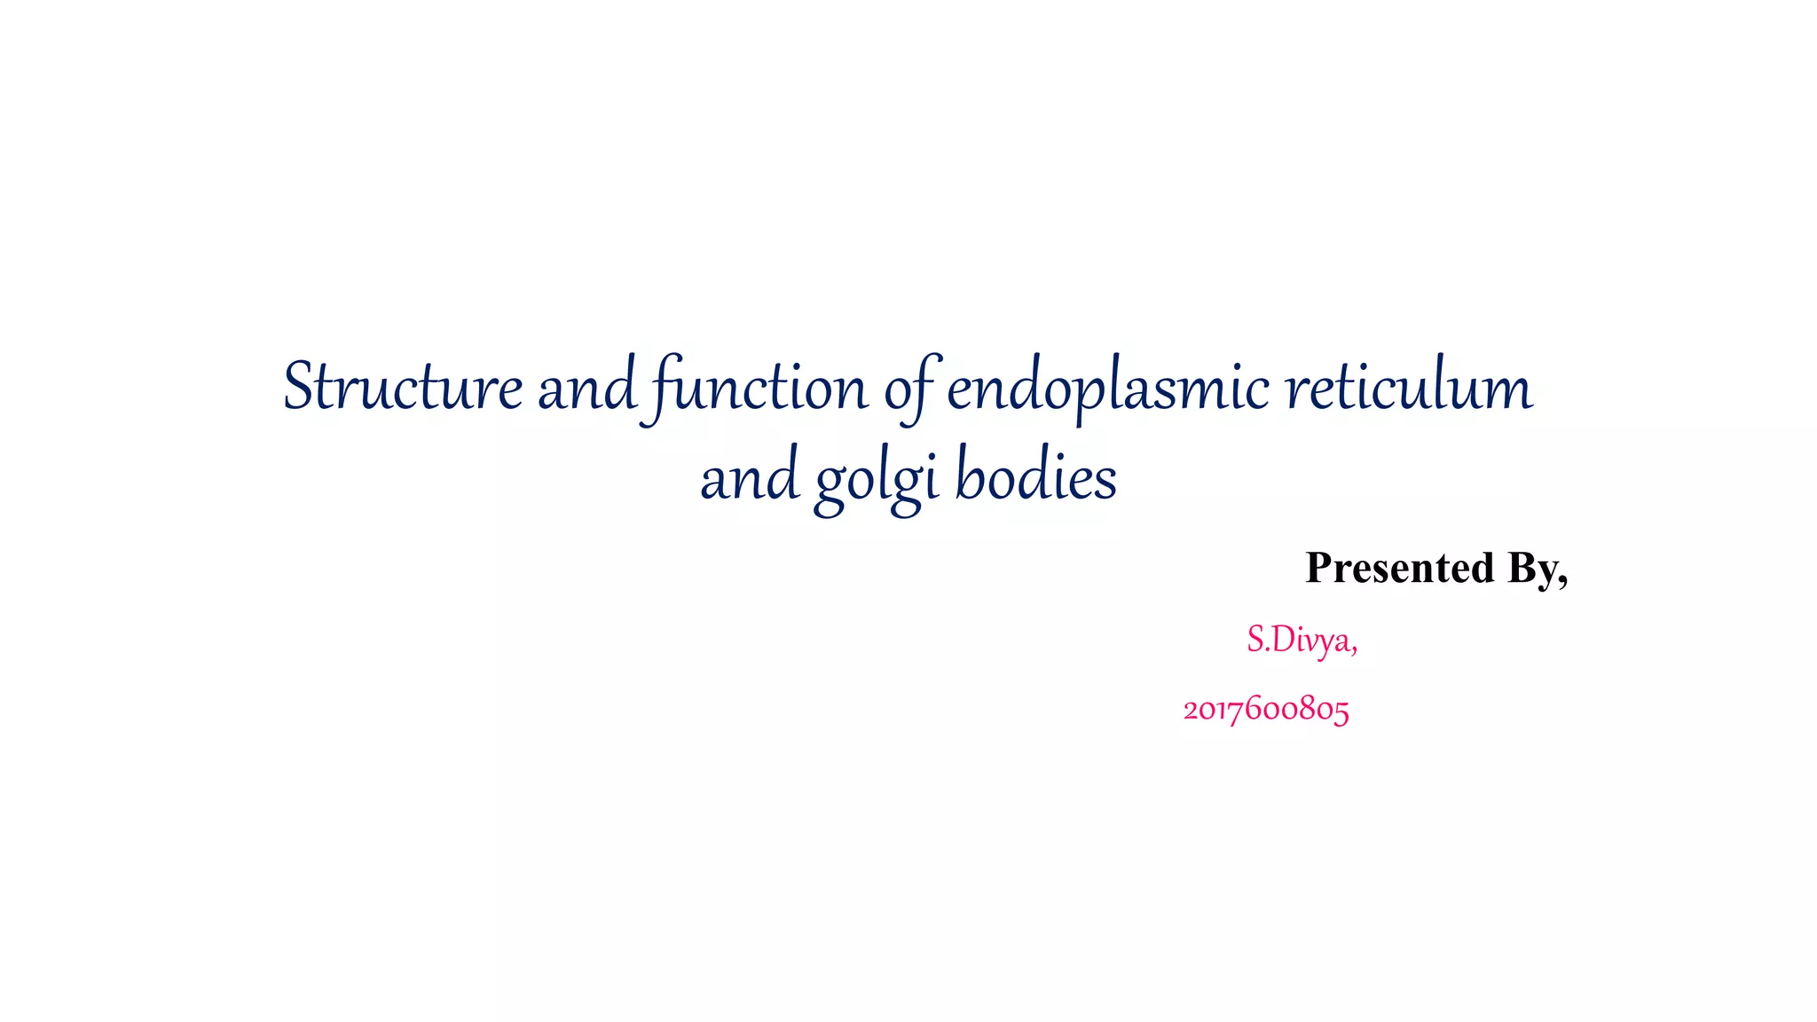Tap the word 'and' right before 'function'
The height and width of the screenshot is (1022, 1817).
tap(586, 388)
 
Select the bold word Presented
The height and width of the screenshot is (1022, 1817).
tap(1400, 568)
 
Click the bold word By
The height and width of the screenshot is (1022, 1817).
tap(1531, 568)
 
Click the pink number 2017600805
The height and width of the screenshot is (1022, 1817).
tap(1266, 710)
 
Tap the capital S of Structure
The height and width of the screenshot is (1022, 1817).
tap(299, 388)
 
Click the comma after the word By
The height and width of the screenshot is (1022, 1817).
tap(1562, 582)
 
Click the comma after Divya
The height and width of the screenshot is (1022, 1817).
tap(1353, 651)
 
